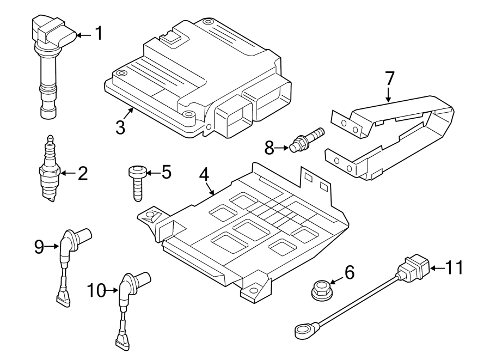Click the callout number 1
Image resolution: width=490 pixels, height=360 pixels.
point(99,34)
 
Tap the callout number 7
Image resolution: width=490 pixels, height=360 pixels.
point(389,78)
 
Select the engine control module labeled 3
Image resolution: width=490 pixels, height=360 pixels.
point(196,76)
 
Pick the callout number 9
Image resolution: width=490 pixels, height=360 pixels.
point(39,247)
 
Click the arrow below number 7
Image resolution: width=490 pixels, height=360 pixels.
point(389,97)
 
